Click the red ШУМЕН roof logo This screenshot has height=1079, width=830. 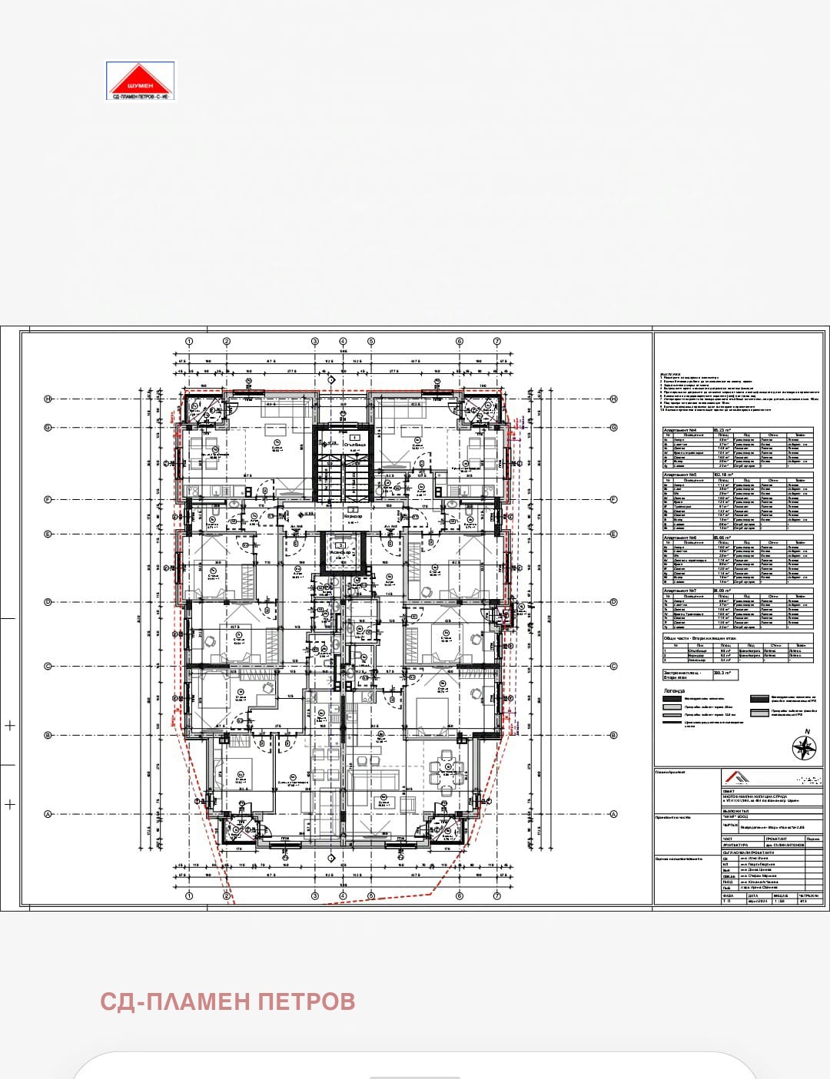[140, 80]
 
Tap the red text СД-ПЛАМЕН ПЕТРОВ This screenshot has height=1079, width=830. [227, 1001]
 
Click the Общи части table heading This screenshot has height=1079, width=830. [696, 638]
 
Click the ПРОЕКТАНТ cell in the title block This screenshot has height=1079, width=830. [776, 839]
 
